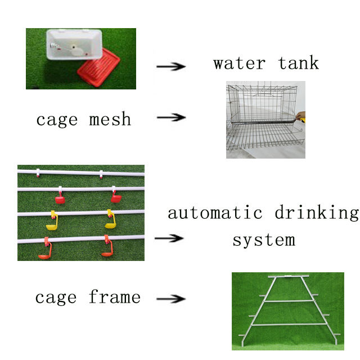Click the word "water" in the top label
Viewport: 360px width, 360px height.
(238, 62)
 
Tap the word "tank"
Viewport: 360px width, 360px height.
(299, 62)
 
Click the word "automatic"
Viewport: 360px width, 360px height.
(215, 213)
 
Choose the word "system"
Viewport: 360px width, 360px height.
(263, 240)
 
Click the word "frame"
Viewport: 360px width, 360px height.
(114, 296)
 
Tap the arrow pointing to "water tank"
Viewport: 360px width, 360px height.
(170, 66)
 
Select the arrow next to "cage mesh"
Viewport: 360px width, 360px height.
(170, 118)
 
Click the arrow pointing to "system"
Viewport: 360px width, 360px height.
(169, 238)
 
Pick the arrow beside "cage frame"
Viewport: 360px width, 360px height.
(170, 299)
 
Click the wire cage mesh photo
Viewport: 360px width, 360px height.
(264, 120)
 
